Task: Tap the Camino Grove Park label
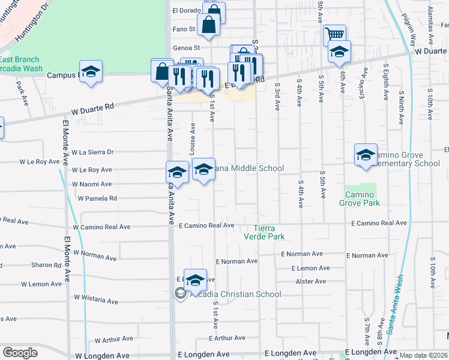click(363, 199)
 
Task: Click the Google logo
click(20, 353)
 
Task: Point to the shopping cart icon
click(334, 34)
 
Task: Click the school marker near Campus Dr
click(91, 72)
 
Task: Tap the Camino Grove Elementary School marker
click(366, 155)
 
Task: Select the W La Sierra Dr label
click(92, 152)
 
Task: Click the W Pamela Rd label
click(97, 198)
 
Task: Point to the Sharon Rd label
click(46, 265)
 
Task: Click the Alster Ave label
click(310, 281)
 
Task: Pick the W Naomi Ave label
click(91, 184)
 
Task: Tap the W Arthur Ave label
click(113, 340)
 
